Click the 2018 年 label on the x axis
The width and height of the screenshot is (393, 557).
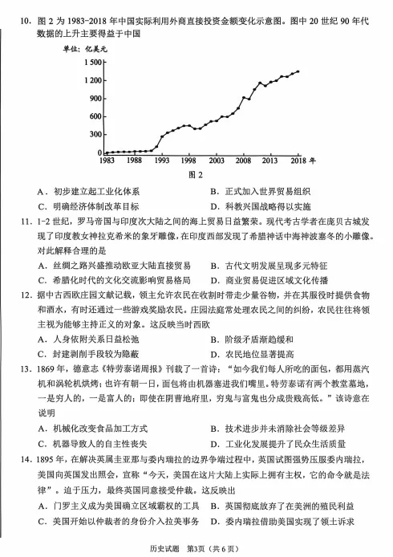(303, 160)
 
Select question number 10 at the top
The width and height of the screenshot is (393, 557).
(22, 11)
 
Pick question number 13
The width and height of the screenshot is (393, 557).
(22, 371)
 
